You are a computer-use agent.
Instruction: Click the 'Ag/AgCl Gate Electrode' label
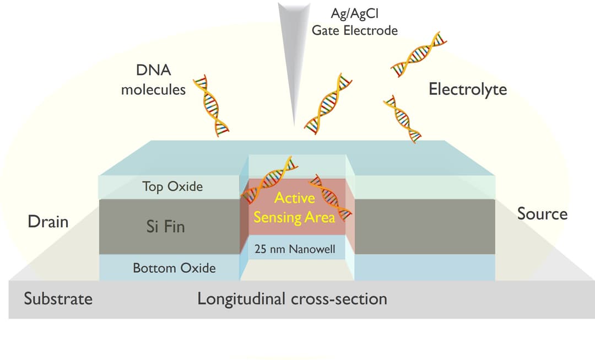coord(354,22)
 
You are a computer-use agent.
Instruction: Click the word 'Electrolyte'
coord(468,89)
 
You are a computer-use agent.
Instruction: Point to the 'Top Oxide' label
coord(172,186)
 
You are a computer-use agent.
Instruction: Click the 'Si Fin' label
coord(165,226)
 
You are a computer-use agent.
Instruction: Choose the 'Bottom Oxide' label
coord(174,268)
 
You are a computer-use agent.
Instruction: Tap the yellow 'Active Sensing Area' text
coord(294,207)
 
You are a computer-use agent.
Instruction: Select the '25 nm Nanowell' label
coord(295,249)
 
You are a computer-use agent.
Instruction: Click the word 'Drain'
coord(48,222)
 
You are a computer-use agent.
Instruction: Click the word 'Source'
coord(542,214)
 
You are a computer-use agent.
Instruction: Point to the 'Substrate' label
coord(58,299)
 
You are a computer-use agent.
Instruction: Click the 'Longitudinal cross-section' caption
coord(292,299)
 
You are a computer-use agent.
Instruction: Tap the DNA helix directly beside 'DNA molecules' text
coord(214,105)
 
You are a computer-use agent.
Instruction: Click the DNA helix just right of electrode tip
coord(328,103)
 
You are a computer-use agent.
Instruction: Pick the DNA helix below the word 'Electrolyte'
coord(402,119)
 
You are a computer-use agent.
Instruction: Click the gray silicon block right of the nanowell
coord(424,226)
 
